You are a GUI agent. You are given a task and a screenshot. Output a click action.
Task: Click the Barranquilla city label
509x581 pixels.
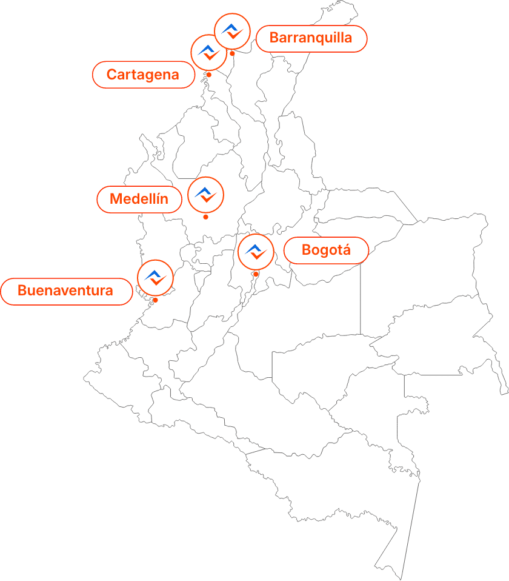tap(311, 38)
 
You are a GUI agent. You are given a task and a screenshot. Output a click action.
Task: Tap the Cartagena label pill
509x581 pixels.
tap(143, 75)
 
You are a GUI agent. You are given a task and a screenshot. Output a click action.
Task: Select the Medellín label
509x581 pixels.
tap(139, 200)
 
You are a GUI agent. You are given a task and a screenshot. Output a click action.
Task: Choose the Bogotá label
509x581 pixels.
tap(326, 250)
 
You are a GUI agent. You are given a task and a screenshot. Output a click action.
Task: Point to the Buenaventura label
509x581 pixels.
tap(65, 290)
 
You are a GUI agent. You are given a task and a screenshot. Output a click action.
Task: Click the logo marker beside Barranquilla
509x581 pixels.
tap(232, 32)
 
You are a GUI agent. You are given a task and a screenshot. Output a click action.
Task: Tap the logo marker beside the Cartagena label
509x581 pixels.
tap(208, 52)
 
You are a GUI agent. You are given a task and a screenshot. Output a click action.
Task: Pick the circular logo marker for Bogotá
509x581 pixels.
tap(256, 252)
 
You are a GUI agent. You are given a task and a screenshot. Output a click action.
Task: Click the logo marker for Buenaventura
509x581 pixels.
tap(156, 278)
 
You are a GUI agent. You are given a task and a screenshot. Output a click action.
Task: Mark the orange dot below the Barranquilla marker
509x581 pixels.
tap(232, 54)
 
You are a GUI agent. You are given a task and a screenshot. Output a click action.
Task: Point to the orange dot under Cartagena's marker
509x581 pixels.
tap(209, 75)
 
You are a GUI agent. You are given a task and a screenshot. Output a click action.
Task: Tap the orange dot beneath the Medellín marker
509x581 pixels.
tap(205, 217)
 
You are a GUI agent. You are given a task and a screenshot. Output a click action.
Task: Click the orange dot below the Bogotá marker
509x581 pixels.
tap(256, 274)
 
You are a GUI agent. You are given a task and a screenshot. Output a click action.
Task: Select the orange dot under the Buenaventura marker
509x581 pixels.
tap(156, 300)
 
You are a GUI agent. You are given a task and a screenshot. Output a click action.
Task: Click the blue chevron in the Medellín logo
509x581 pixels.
tap(203, 192)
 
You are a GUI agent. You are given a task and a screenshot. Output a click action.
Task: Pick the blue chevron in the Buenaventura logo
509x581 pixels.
tap(153, 274)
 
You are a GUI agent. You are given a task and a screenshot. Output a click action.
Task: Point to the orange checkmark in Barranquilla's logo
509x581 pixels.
tap(235, 35)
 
